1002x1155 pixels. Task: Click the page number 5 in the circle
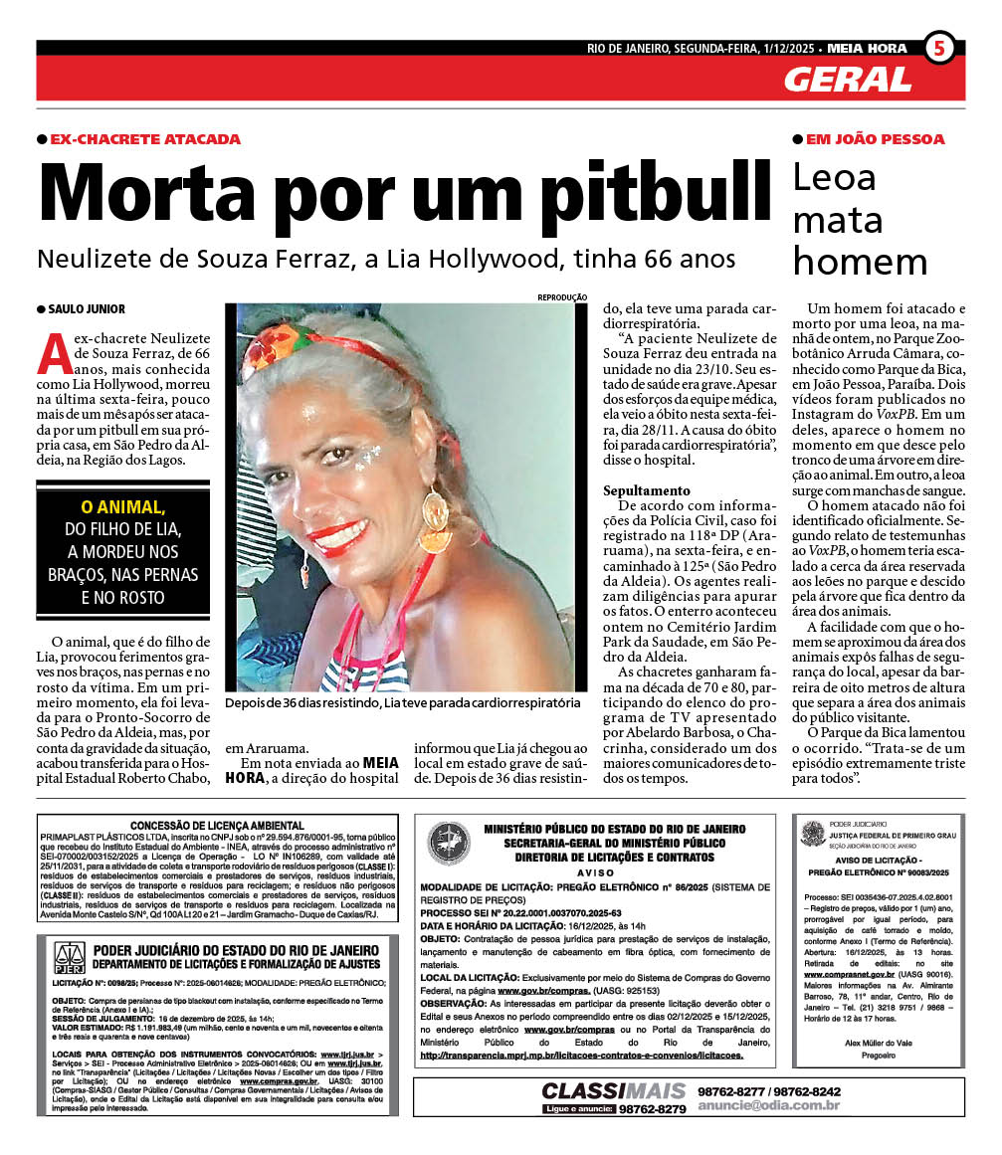pos(939,48)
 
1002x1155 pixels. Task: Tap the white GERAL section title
pos(847,79)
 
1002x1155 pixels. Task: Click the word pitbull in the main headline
pos(622,192)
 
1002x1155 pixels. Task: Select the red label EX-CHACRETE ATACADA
pos(145,139)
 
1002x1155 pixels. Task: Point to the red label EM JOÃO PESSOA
pos(875,139)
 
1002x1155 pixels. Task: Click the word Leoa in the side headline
pos(834,178)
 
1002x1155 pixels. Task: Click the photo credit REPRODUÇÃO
pos(562,297)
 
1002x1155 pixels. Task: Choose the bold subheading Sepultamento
pos(646,490)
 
